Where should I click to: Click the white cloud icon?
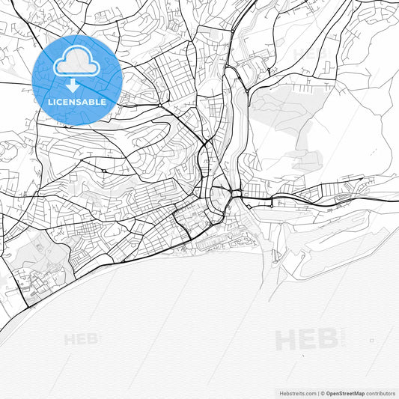tap(78, 65)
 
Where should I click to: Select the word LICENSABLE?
tap(78, 101)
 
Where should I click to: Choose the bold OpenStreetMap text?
tap(345, 392)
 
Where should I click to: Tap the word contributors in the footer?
tap(380, 392)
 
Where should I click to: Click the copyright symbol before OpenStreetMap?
tap(322, 392)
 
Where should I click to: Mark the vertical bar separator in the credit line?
tap(317, 392)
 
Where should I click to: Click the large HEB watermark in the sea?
tap(306, 339)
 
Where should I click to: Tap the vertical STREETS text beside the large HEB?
tap(344, 339)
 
